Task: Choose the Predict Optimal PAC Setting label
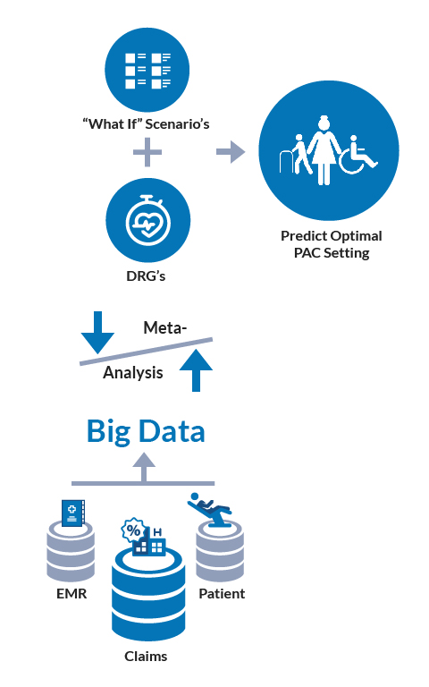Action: tap(331, 244)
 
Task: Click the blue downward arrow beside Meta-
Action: tap(97, 332)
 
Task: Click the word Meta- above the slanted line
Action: tap(165, 328)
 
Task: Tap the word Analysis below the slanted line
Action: tap(133, 373)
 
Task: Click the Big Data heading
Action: tap(146, 431)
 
